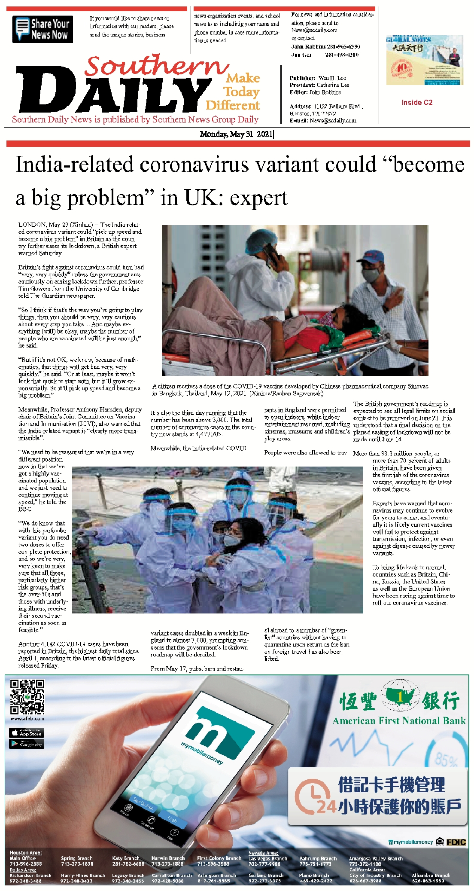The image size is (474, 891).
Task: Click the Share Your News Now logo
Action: pyautogui.click(x=43, y=29)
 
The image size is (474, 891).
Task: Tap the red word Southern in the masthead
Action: pyautogui.click(x=157, y=66)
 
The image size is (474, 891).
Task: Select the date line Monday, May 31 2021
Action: pyautogui.click(x=236, y=134)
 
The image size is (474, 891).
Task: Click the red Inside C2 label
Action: pyautogui.click(x=417, y=102)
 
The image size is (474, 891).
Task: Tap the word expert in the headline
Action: pyautogui.click(x=258, y=198)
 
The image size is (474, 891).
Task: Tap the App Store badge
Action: pyautogui.click(x=27, y=733)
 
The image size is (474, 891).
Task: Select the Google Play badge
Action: pyautogui.click(x=27, y=744)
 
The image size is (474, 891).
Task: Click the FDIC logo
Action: pyautogui.click(x=456, y=842)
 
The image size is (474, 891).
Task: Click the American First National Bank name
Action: pyautogui.click(x=399, y=721)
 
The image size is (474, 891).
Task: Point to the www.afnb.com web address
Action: pyautogui.click(x=27, y=719)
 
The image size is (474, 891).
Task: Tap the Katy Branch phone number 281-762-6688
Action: pyautogui.click(x=128, y=864)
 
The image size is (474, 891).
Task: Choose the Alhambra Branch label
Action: pyautogui.click(x=431, y=875)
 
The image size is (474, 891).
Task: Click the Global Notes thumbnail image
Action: pyautogui.click(x=424, y=60)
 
